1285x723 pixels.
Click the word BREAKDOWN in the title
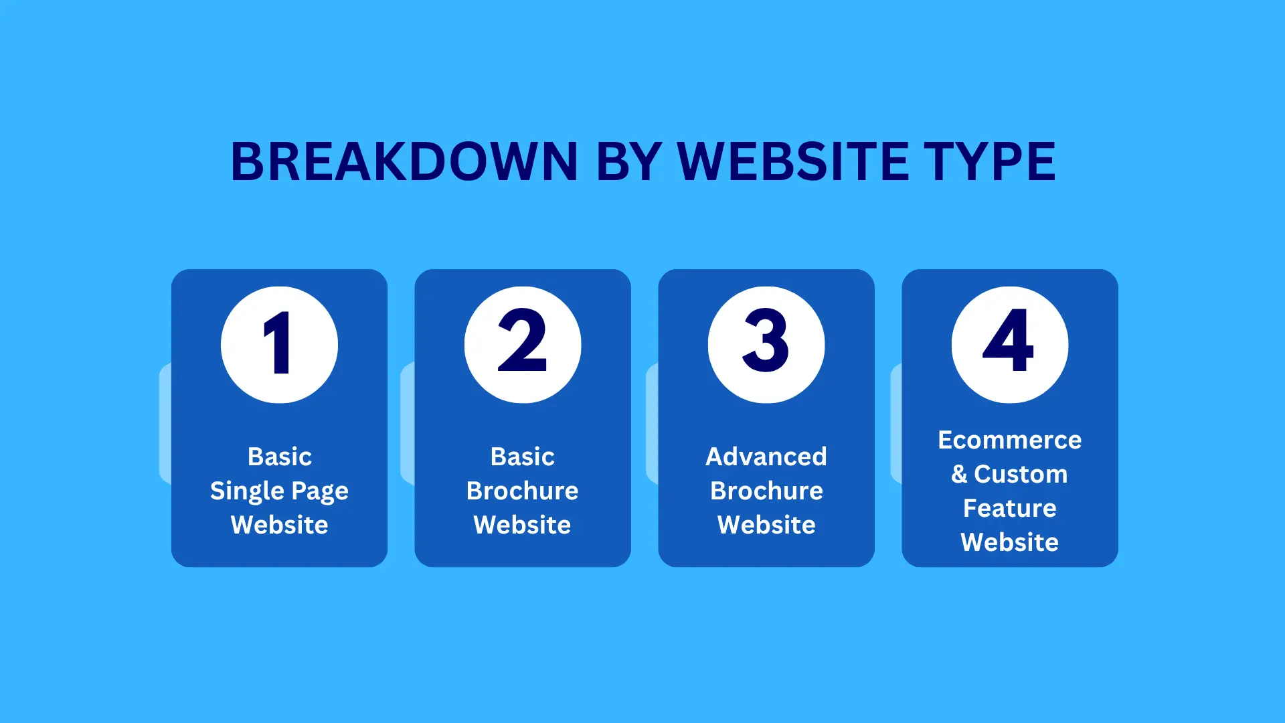click(404, 162)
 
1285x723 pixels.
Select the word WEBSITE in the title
click(793, 162)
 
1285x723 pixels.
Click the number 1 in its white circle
click(278, 343)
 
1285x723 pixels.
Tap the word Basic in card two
click(522, 457)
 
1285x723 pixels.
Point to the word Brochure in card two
click(522, 491)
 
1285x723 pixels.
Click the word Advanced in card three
click(766, 457)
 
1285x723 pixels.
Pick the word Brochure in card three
click(766, 491)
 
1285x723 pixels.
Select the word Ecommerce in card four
click(1009, 440)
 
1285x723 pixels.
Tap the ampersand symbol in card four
click(959, 474)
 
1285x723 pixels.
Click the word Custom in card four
click(1021, 474)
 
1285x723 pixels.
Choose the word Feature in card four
click(1009, 508)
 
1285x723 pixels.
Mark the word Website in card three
click(766, 525)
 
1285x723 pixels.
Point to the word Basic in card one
click(279, 457)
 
